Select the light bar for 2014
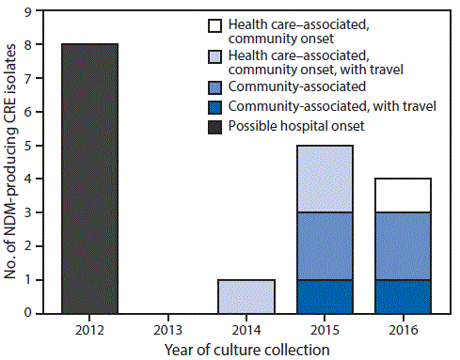coord(246,296)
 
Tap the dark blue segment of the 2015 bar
coord(324,296)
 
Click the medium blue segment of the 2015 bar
coord(324,245)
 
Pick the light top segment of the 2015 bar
coord(324,179)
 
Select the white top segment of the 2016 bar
coord(402,196)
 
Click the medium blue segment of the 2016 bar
coord(402,245)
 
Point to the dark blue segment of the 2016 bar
coord(402,296)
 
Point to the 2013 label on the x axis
coord(167,330)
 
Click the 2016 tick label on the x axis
coord(402,330)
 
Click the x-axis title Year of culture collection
coord(246,350)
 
